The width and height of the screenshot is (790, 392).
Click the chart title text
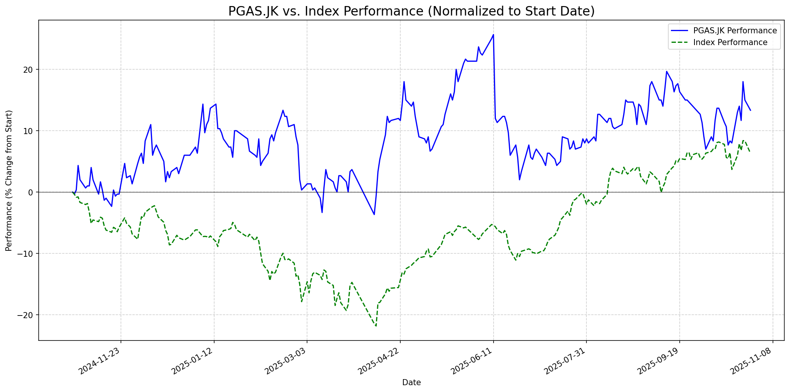[x=411, y=11]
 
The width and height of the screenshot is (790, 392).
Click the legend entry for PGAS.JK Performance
[x=735, y=31]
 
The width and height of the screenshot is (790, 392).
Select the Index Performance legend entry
[x=730, y=42]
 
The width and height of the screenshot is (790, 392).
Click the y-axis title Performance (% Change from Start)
[x=9, y=180]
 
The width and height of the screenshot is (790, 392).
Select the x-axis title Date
[x=411, y=383]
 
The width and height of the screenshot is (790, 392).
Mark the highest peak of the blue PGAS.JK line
[x=493, y=35]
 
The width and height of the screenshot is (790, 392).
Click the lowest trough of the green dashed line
[x=376, y=326]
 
